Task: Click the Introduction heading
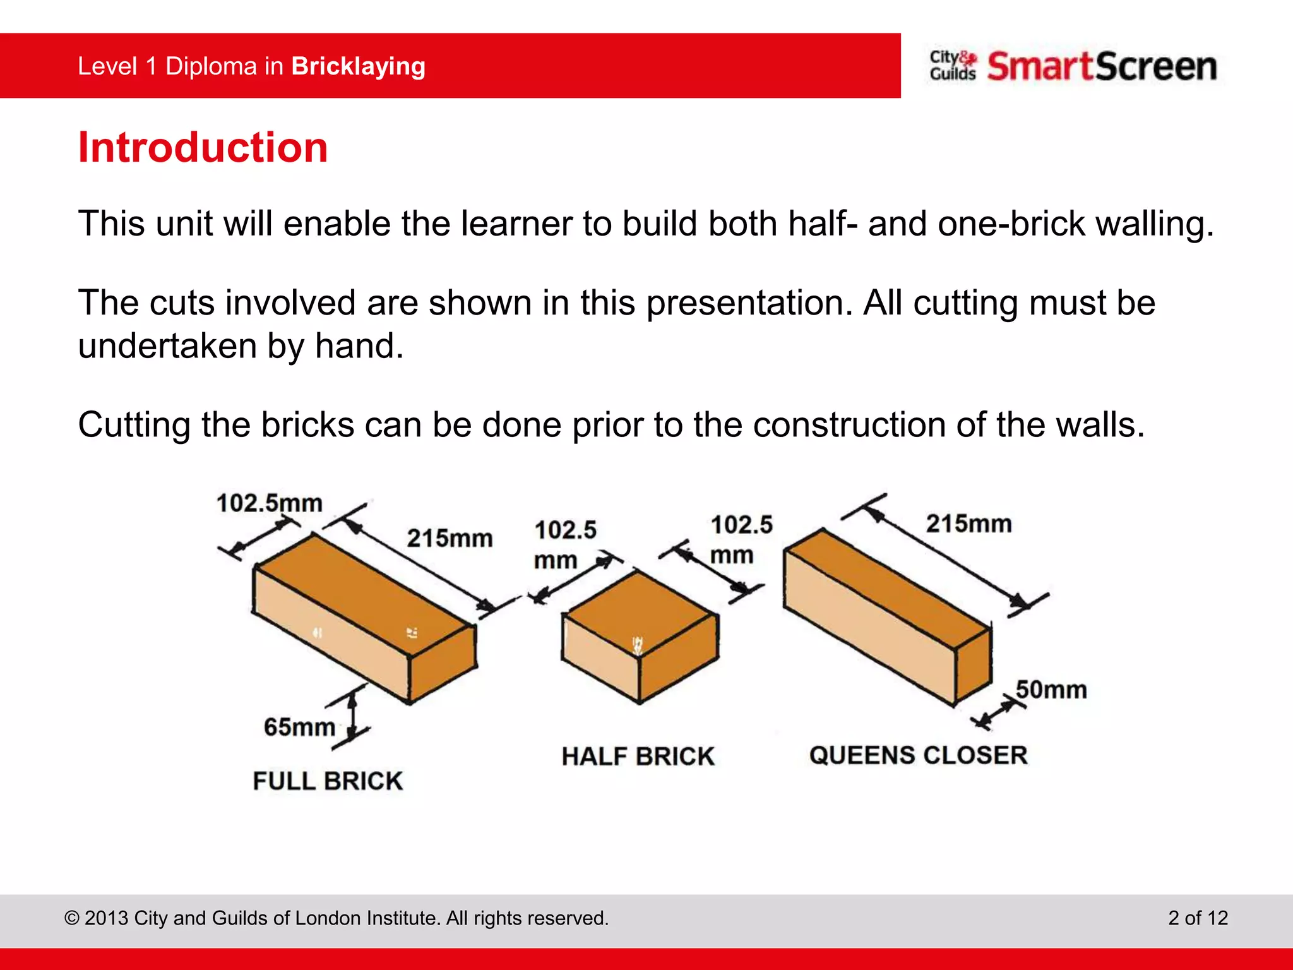pos(203,148)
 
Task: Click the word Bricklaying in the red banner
pos(358,66)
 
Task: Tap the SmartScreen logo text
pos(1102,67)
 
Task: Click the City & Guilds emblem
pos(952,66)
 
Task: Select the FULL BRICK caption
pos(327,781)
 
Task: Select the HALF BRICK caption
pos(638,757)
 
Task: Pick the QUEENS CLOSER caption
pos(918,755)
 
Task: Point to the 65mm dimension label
pos(299,727)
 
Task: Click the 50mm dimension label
pos(1051,690)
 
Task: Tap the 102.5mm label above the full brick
pos(269,503)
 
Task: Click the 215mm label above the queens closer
pos(968,524)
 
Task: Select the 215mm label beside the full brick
pos(450,538)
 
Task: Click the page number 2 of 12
pos(1198,918)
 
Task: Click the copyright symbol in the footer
pos(71,918)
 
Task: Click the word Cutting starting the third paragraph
pos(134,424)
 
